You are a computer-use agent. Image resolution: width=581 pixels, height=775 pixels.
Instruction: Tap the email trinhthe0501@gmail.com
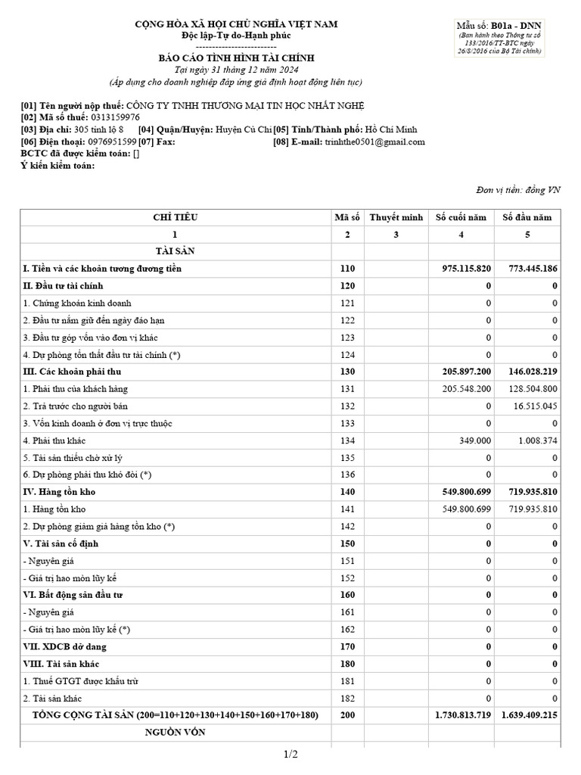point(374,142)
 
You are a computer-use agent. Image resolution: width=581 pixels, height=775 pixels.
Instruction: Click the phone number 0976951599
point(112,142)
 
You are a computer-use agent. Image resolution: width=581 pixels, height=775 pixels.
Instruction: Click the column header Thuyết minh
point(396,217)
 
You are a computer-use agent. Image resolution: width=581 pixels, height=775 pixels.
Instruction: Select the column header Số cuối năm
point(461,217)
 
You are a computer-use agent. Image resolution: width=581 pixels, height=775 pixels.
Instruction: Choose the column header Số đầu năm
point(527,217)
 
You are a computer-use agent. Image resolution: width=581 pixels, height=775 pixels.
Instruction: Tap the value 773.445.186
point(533,269)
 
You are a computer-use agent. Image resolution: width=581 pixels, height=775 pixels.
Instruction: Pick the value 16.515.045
point(537,406)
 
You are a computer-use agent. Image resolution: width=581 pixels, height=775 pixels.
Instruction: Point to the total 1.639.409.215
point(530,715)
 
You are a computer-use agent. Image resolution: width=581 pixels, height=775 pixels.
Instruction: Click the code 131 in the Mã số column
point(347,389)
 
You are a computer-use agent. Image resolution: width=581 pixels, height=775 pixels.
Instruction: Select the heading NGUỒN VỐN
point(175,733)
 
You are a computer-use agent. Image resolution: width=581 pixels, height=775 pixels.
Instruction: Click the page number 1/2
point(291,755)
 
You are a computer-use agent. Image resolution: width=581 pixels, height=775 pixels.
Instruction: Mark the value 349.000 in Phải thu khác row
point(475,440)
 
